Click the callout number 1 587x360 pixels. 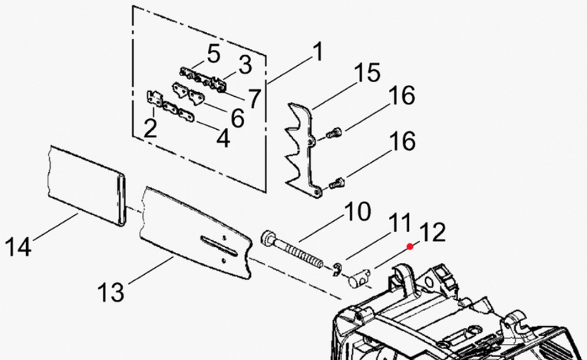318,51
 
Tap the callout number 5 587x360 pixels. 213,54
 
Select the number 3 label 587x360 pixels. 246,64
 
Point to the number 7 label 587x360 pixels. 254,98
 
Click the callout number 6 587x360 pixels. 237,117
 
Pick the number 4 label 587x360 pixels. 223,138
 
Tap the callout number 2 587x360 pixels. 150,128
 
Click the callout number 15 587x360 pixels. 367,72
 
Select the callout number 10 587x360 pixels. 358,211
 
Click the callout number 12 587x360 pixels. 433,233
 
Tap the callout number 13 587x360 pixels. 110,292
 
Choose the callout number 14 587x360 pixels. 18,247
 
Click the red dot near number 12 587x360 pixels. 411,246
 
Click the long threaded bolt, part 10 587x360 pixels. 292,250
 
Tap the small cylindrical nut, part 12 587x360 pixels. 359,278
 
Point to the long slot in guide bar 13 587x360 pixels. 219,246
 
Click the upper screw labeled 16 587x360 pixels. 334,133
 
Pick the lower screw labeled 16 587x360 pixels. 337,183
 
